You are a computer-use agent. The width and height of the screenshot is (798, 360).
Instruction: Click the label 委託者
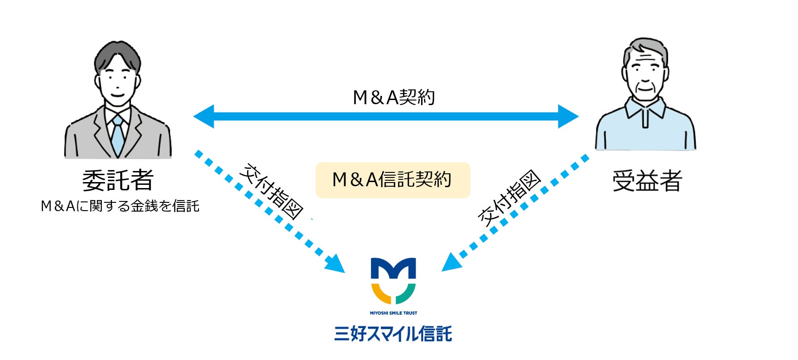[117, 180]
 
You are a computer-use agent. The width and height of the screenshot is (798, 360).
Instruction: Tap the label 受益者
[647, 180]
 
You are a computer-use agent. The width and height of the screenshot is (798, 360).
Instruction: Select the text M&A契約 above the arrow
[393, 97]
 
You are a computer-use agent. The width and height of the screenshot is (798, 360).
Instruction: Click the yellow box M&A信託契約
[393, 180]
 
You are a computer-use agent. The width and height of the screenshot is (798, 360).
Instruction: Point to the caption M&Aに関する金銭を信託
[120, 206]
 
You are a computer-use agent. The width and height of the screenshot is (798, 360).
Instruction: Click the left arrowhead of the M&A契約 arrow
[203, 116]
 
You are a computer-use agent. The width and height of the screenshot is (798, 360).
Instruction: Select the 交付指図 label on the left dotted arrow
[271, 191]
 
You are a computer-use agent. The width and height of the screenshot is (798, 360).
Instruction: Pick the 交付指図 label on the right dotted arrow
[509, 198]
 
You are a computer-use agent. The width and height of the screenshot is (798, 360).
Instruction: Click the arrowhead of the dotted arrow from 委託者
[335, 264]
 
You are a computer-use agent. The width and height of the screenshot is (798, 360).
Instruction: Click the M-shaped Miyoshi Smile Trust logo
[393, 280]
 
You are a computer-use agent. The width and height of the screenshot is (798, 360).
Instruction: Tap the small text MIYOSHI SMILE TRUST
[393, 313]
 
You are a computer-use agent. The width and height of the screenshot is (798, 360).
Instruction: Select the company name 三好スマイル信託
[393, 333]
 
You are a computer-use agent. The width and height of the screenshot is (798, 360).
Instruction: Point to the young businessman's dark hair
[117, 55]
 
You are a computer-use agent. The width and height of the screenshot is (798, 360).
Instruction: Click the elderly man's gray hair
[645, 48]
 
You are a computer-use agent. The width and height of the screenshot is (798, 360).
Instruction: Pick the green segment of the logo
[406, 294]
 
